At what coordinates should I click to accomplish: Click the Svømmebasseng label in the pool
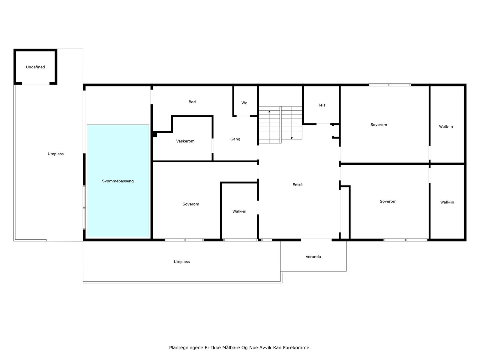[118, 181]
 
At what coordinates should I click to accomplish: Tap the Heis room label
[321, 105]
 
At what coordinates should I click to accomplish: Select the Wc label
[244, 103]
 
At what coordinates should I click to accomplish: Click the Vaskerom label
[185, 141]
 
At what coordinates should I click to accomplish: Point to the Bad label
[192, 102]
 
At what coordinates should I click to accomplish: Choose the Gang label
[235, 139]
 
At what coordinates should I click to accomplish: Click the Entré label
[297, 185]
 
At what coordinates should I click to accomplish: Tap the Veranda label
[313, 257]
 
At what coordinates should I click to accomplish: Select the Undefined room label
[35, 67]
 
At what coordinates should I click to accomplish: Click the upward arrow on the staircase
[269, 112]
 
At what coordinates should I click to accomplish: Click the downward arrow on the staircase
[292, 138]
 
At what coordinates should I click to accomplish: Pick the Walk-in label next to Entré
[239, 211]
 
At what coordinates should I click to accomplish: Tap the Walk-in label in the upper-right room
[446, 127]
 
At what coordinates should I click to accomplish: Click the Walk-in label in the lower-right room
[447, 202]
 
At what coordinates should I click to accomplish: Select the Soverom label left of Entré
[191, 204]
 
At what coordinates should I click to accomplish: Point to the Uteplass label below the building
[181, 262]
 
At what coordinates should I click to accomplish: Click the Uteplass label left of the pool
[55, 154]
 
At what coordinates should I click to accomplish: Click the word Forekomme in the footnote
[298, 348]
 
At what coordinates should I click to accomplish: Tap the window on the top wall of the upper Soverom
[390, 85]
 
